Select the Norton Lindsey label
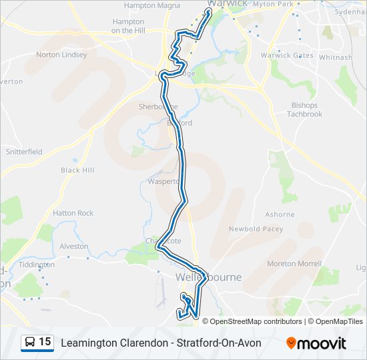pyautogui.click(x=61, y=55)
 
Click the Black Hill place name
pyautogui.click(x=77, y=170)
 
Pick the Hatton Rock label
pyautogui.click(x=73, y=213)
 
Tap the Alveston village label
pyautogui.click(x=73, y=246)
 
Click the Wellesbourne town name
pyautogui.click(x=208, y=277)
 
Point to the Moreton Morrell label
pyautogui.click(x=295, y=264)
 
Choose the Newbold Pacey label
pyautogui.click(x=256, y=229)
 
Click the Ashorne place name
pyautogui.click(x=280, y=215)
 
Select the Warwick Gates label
pyautogui.click(x=286, y=55)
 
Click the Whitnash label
pyautogui.click(x=335, y=57)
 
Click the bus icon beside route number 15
pyautogui.click(x=30, y=343)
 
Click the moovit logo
pyautogui.click(x=316, y=343)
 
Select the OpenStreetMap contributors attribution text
pyautogui.click(x=256, y=321)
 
